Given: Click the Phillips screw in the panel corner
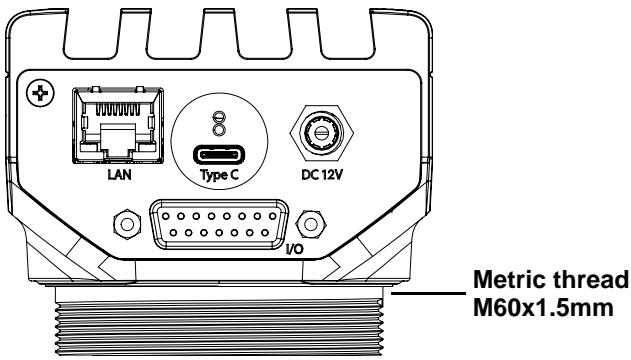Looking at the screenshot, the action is (40, 93).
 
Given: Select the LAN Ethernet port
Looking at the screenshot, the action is (118, 125).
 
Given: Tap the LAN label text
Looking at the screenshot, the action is (120, 175).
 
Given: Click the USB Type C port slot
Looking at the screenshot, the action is (220, 155).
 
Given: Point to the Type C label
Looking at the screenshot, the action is (220, 175).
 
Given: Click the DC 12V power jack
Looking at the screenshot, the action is (322, 132).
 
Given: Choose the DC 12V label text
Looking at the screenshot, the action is (322, 175).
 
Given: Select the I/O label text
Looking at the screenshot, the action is (295, 249).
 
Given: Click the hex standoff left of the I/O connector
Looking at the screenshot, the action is (127, 224).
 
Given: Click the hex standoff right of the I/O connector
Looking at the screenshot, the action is (311, 224).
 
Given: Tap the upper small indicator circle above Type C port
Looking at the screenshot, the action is (219, 117).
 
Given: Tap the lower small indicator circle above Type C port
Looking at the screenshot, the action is (219, 130).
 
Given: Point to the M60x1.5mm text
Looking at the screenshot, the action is (543, 308).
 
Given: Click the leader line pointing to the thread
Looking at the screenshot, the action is (429, 293).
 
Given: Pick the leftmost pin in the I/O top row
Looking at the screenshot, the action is (165, 216).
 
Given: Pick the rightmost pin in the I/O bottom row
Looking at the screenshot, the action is (264, 232).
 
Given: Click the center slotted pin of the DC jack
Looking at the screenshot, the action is (321, 132).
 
